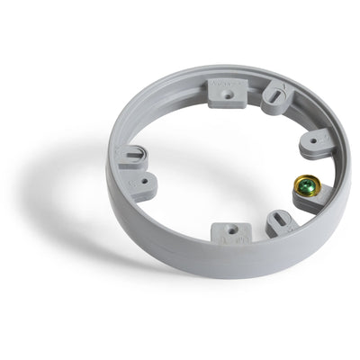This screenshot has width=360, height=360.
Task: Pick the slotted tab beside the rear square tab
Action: [274, 96]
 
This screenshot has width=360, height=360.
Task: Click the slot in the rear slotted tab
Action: [276, 94]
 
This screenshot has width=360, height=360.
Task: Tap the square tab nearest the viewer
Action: [230, 232]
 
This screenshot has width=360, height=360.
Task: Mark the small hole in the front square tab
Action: [231, 229]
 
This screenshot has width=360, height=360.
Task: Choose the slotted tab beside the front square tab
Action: [279, 223]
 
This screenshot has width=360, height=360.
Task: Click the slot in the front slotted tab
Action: [281, 220]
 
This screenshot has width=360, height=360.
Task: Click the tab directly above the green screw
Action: [315, 143]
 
